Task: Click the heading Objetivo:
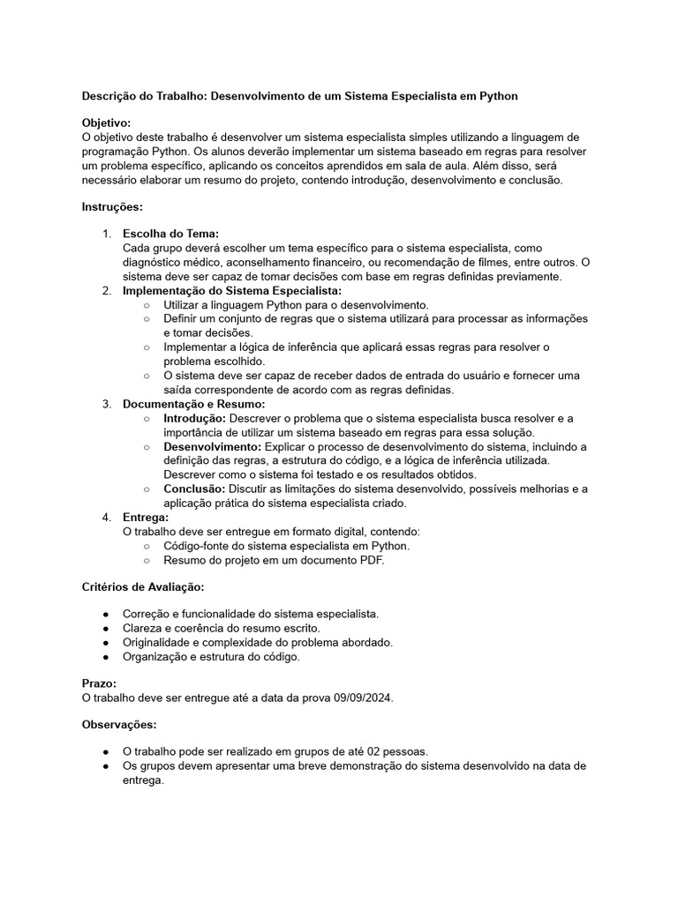coord(106,123)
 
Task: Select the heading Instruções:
coord(112,206)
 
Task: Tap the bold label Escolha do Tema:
coord(170,234)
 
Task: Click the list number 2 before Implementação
coord(106,290)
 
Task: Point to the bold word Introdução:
coord(195,418)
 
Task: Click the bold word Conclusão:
coord(194,489)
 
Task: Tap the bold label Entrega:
coord(146,517)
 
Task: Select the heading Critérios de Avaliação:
coord(143,586)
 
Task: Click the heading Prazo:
coord(99,683)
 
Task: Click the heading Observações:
coord(119,724)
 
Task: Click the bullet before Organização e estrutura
coord(106,656)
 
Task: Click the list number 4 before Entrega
coord(106,517)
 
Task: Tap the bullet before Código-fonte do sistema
coord(147,545)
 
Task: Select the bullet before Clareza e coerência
coord(106,628)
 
